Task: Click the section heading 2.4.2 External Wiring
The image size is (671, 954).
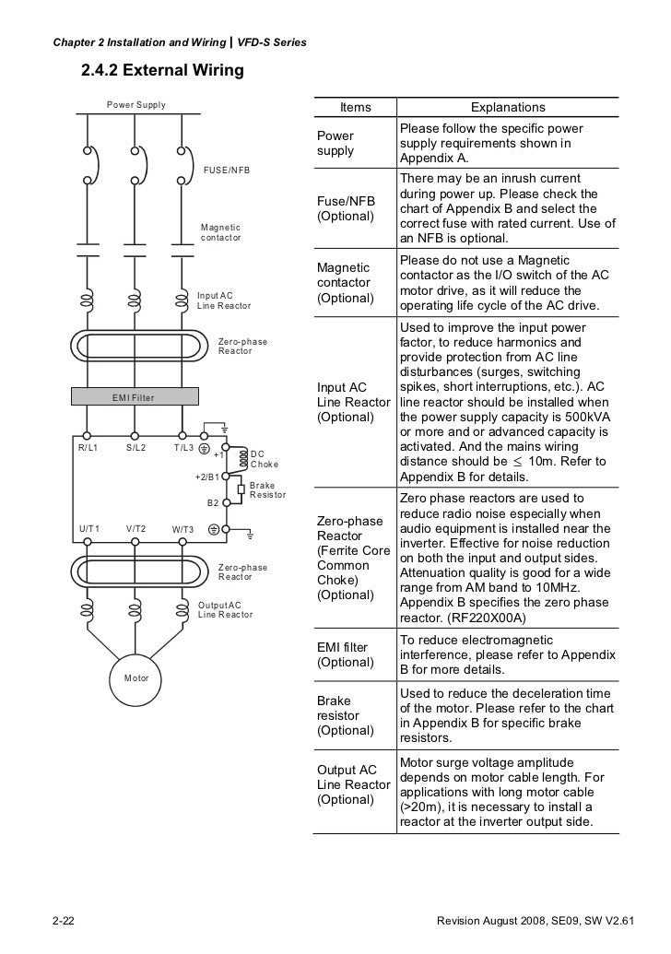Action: click(x=162, y=70)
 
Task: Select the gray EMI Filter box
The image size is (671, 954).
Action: click(x=135, y=397)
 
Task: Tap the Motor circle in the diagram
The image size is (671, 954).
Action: click(x=135, y=678)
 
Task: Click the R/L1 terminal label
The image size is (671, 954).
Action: click(x=88, y=448)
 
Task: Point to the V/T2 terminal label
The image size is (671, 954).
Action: click(x=135, y=528)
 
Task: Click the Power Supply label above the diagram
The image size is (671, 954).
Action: click(x=136, y=105)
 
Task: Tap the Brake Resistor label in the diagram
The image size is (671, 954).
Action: click(x=267, y=490)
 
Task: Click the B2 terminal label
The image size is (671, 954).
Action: click(x=212, y=503)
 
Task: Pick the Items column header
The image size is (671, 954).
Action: click(x=355, y=108)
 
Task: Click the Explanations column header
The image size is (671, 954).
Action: click(x=508, y=108)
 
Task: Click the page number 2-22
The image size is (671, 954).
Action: click(x=64, y=923)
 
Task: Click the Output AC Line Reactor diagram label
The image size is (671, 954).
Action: click(x=225, y=609)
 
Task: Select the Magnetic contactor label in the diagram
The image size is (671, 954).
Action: click(x=221, y=232)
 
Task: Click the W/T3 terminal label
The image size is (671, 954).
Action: click(x=182, y=530)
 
